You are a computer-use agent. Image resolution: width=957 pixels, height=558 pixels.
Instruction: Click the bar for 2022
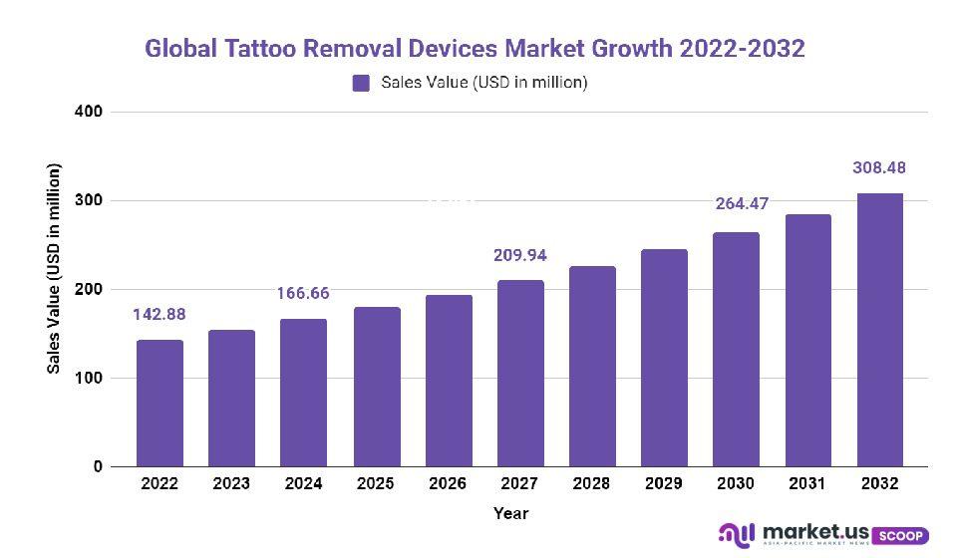point(159,404)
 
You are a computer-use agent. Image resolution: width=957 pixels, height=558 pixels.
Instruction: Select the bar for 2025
point(376,387)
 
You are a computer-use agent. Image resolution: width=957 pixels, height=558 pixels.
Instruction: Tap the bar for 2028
point(592,366)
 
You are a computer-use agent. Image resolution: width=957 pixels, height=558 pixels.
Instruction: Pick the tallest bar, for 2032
point(880,330)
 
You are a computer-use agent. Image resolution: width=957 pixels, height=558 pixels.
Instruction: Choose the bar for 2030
point(736,349)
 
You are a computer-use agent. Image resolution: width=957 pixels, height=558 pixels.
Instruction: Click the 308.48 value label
point(879,167)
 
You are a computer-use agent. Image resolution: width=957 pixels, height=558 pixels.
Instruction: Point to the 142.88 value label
point(159,315)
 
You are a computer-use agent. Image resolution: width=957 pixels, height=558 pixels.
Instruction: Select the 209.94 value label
point(520,255)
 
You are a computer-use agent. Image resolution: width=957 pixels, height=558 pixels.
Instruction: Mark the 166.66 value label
point(303,294)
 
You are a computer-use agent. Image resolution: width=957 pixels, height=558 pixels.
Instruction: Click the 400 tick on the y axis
point(90,112)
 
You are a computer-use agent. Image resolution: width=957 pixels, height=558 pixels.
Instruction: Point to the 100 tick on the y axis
point(90,379)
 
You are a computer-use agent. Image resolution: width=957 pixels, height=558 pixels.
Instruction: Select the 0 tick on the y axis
point(98,467)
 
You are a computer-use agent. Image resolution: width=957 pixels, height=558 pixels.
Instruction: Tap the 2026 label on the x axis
point(448,484)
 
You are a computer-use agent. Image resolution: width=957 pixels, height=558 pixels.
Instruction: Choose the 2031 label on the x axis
point(807,484)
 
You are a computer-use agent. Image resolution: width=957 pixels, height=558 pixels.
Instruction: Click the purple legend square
point(361,83)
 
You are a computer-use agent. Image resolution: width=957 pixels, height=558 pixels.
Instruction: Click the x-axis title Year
point(510,514)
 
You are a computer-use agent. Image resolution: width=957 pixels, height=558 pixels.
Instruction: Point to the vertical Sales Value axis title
point(54,269)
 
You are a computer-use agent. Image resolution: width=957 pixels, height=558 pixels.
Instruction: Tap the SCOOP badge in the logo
point(903,535)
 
